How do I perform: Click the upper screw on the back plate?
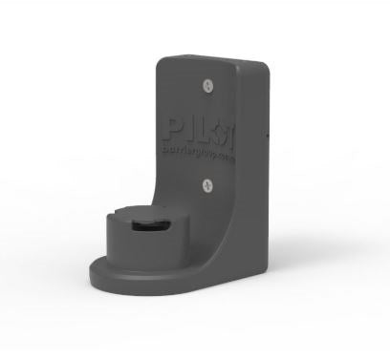207,86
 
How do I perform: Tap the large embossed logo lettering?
198,130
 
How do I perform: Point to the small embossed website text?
198,150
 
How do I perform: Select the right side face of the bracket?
256,172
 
